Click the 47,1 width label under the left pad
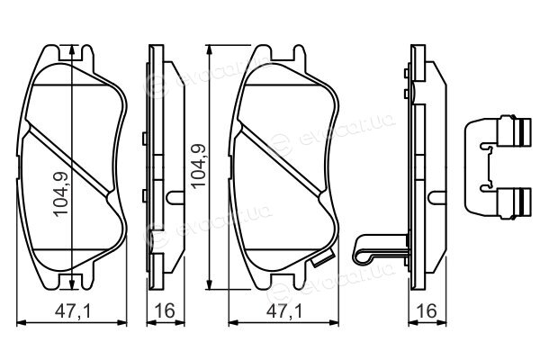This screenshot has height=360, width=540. [73, 311]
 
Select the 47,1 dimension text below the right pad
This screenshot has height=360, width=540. [284, 311]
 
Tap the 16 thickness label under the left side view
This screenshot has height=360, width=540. [165, 310]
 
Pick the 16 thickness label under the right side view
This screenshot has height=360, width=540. [427, 310]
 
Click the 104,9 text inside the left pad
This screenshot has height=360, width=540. [61, 193]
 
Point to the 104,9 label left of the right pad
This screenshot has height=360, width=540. [199, 166]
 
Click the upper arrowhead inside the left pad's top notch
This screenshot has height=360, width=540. [72, 51]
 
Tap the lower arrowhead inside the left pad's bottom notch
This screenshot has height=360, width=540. [72, 283]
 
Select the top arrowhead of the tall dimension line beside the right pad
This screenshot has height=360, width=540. [209, 51]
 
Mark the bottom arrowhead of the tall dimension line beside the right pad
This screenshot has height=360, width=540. [209, 283]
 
